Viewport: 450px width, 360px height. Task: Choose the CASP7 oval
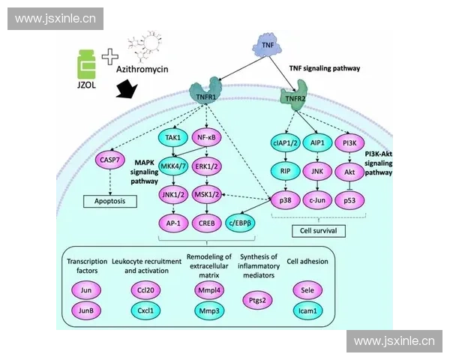pos(109,159)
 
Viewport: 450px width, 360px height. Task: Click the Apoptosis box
pos(109,201)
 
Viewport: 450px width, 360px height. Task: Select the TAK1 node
pos(172,137)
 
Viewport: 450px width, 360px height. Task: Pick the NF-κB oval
pos(208,137)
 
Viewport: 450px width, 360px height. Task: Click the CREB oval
pos(208,222)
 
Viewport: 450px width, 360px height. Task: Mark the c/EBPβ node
pos(241,222)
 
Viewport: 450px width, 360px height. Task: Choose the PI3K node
pos(350,143)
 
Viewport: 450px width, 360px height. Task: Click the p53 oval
pos(350,200)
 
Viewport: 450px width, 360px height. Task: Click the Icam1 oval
pos(307,309)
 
